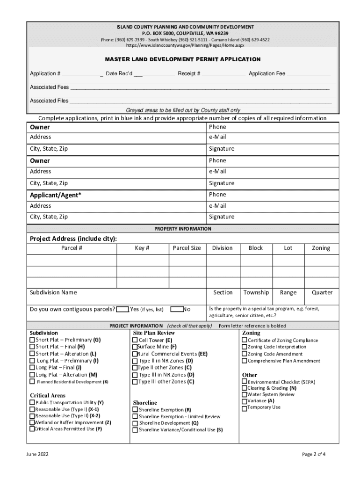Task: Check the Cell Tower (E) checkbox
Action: (135, 341)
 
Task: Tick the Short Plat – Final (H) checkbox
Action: (32, 347)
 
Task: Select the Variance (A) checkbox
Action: (244, 401)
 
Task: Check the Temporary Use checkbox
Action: (244, 408)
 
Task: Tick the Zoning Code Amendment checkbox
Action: (244, 354)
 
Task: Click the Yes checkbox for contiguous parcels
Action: (122, 309)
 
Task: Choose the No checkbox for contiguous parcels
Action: (177, 309)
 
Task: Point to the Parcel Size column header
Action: (187, 248)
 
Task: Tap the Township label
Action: (256, 293)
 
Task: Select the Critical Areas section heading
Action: (48, 395)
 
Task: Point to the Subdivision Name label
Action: (53, 293)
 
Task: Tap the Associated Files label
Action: (49, 101)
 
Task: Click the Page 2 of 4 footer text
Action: (314, 454)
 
